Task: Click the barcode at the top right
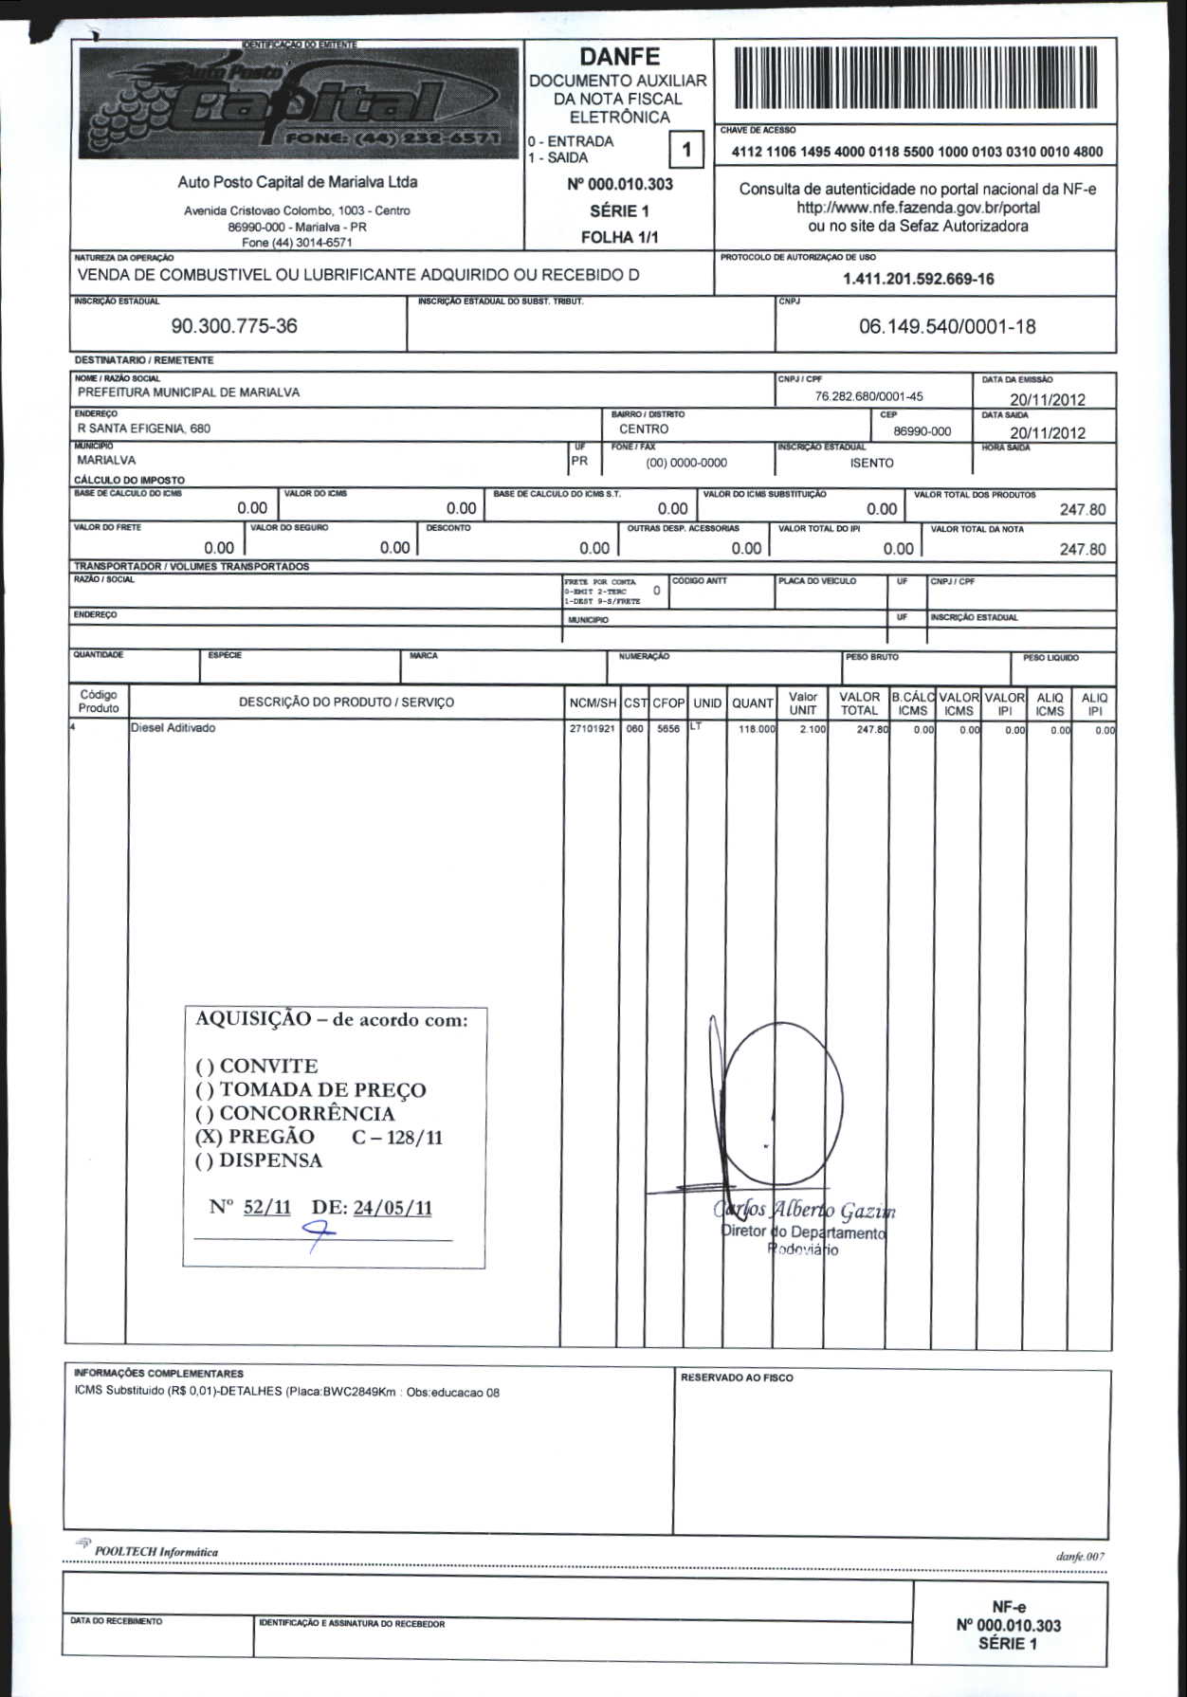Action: pyautogui.click(x=914, y=82)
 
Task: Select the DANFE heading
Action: pyautogui.click(x=619, y=57)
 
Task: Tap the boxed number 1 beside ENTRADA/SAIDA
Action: pyautogui.click(x=686, y=149)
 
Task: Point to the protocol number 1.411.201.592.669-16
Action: pyautogui.click(x=918, y=279)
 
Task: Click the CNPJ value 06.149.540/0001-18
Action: pyautogui.click(x=946, y=327)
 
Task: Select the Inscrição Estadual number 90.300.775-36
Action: pyautogui.click(x=233, y=326)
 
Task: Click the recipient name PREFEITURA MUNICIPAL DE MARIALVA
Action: pyautogui.click(x=189, y=392)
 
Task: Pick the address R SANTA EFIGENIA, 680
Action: pyautogui.click(x=144, y=429)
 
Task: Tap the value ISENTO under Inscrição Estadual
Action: pyautogui.click(x=871, y=464)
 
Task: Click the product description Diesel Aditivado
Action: pyautogui.click(x=173, y=728)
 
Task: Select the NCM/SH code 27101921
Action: pyautogui.click(x=592, y=729)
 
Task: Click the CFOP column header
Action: pyautogui.click(x=668, y=703)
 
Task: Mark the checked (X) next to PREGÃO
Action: pyautogui.click(x=208, y=1137)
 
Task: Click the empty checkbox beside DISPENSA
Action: pyautogui.click(x=204, y=1161)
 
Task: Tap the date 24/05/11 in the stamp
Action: pyautogui.click(x=393, y=1208)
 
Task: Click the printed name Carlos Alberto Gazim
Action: pyautogui.click(x=804, y=1210)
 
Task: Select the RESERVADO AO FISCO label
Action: pyautogui.click(x=736, y=1378)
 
